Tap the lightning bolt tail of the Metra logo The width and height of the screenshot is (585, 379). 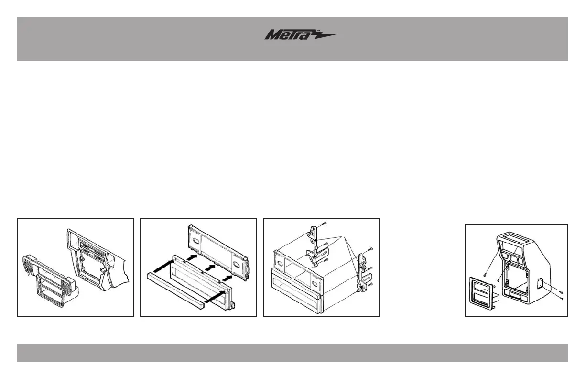tap(325, 35)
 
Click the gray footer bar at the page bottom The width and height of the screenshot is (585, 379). tap(292, 353)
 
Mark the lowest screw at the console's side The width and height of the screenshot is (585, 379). tap(562, 298)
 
